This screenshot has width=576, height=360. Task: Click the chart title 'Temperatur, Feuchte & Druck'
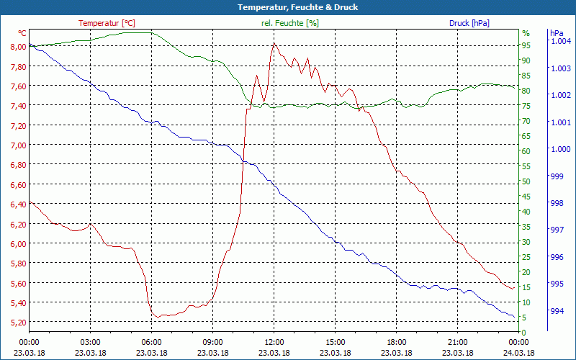click(x=287, y=7)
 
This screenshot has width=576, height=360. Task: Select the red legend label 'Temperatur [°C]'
click(x=107, y=23)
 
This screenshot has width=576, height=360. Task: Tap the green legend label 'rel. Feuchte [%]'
click(x=290, y=23)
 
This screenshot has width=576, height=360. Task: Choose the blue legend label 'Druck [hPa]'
click(x=469, y=23)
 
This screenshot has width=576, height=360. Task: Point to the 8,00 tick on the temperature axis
click(x=17, y=46)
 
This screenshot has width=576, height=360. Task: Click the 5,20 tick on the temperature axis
click(x=17, y=322)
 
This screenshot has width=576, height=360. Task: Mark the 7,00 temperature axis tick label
click(x=17, y=145)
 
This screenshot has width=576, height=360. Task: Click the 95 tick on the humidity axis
click(x=526, y=45)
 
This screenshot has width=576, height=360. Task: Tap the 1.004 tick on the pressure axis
click(x=560, y=41)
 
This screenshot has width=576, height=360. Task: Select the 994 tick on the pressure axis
click(x=557, y=311)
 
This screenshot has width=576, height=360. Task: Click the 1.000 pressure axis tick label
click(x=560, y=149)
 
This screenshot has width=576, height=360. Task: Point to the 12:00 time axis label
click(x=274, y=342)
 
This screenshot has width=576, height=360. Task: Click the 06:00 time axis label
click(x=151, y=342)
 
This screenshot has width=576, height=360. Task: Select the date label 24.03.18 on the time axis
click(x=518, y=353)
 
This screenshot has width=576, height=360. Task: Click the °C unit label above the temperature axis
click(x=22, y=33)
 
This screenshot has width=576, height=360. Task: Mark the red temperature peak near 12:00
click(x=274, y=44)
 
